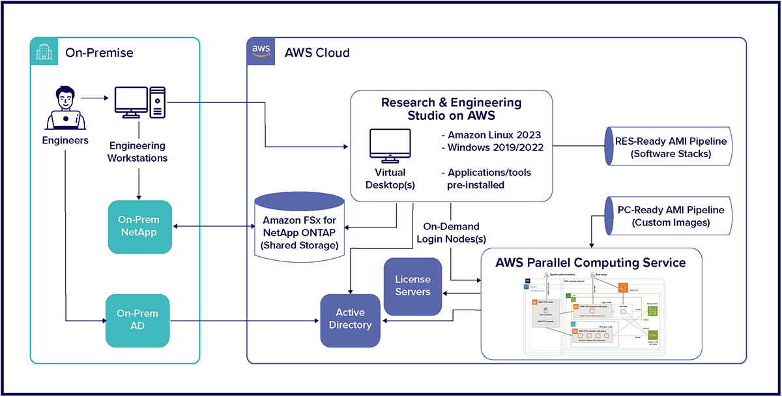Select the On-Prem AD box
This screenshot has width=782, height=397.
coord(138,320)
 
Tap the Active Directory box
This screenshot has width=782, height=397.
coord(350,319)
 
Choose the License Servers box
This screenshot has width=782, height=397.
coord(413,286)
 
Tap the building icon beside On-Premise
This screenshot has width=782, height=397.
coord(44,51)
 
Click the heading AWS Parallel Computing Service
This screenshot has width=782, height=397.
coord(590,263)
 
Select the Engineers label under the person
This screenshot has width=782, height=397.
coord(65,140)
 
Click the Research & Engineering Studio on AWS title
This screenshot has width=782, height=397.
coord(451,109)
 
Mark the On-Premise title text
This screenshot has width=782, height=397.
coord(99,52)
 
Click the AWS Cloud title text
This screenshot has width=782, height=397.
coord(317,52)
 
